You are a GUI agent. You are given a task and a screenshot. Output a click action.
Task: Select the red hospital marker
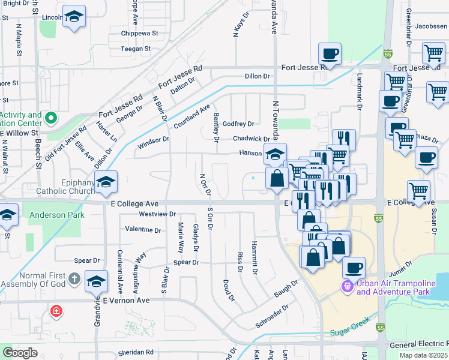(x=56, y=311)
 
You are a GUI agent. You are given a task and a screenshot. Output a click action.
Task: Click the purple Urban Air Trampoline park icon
(x=347, y=287)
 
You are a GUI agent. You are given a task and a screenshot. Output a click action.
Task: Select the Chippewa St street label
(x=139, y=34)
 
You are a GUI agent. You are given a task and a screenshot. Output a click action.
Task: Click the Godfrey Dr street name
(x=238, y=124)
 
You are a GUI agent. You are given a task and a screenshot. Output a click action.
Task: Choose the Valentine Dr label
(x=143, y=230)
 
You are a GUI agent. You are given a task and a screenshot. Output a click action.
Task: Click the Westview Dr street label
(x=157, y=214)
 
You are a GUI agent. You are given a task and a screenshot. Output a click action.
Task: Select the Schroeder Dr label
(x=273, y=313)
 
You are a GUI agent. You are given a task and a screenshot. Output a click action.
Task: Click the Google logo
(x=20, y=353)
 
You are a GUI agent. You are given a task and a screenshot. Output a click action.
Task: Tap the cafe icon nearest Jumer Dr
(x=354, y=266)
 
